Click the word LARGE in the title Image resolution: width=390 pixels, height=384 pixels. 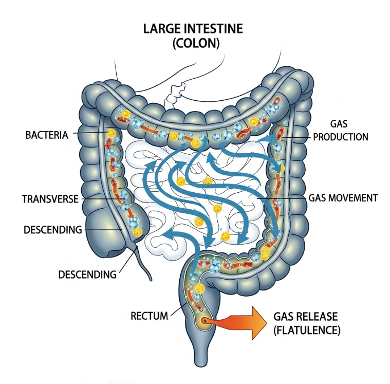point(159,29)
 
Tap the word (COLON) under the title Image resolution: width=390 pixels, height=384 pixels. point(196,43)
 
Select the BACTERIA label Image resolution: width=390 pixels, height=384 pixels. point(47,136)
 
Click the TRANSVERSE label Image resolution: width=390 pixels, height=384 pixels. point(50,198)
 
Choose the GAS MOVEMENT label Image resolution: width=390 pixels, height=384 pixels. point(343,197)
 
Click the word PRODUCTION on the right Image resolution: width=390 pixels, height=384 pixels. point(341,137)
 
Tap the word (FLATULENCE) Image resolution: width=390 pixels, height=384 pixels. point(307,330)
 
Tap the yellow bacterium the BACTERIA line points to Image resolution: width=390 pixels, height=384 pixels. point(111,133)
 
